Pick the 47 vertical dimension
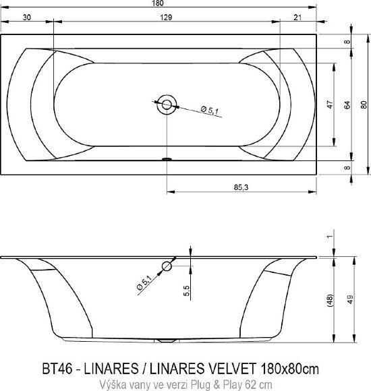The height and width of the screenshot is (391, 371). tap(330, 104)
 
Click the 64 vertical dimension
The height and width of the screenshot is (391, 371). tap(347, 104)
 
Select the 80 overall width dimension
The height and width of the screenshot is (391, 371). tap(364, 104)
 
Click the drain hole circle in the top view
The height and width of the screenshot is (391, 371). tap(165, 104)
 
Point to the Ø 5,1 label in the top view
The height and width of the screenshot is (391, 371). tap(208, 112)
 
